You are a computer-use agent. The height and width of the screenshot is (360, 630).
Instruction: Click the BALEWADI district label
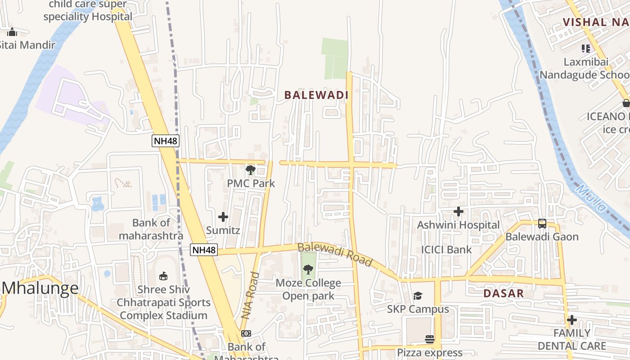316,95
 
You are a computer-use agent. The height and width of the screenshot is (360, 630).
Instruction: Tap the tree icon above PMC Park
251,170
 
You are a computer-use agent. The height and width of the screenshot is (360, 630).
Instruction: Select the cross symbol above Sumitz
223,217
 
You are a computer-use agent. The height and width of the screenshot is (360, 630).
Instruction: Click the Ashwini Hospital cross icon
459,211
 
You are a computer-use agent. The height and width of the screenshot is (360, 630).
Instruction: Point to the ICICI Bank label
446,250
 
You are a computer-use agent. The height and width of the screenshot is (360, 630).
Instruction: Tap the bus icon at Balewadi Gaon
542,224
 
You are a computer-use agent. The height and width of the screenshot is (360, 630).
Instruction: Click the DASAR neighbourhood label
504,294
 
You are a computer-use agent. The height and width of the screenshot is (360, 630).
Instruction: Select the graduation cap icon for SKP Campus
418,296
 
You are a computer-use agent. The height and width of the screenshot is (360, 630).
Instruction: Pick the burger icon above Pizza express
430,339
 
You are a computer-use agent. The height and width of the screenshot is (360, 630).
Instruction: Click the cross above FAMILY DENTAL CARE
572,320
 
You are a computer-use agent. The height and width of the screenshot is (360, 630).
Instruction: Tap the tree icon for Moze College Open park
308,270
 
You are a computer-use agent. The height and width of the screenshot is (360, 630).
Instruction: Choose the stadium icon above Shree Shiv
163,276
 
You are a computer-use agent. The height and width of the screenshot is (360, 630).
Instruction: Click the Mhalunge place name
40,288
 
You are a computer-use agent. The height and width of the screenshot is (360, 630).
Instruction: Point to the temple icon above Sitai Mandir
12,32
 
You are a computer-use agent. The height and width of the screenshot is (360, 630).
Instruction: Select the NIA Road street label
250,296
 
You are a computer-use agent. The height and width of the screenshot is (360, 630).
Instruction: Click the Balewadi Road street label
335,255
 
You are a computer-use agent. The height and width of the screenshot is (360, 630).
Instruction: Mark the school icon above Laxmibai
585,49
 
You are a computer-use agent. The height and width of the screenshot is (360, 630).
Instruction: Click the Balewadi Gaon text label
542,237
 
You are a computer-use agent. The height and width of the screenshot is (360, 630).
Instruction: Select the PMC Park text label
251,184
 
